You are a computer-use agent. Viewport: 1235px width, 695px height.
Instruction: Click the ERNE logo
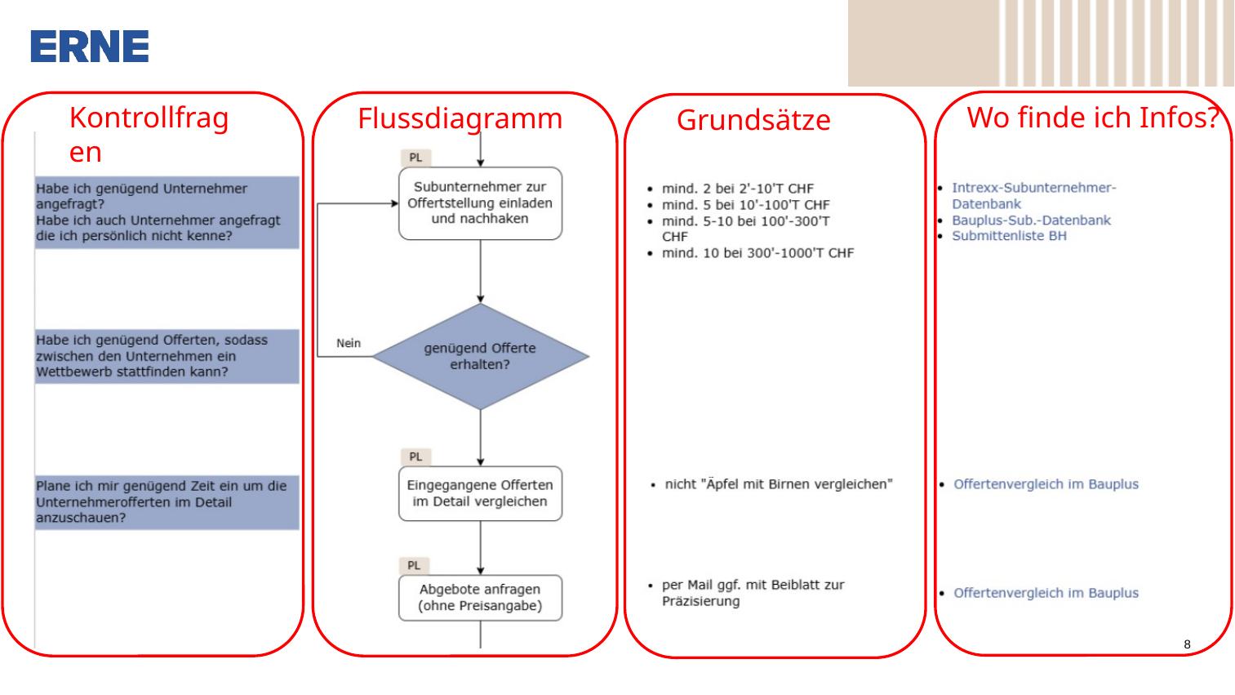point(89,47)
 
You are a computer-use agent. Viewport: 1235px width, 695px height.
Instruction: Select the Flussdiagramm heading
point(460,118)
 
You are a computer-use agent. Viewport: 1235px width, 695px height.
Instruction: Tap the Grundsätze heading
point(753,120)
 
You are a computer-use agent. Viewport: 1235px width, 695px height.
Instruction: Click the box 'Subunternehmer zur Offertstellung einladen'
point(480,203)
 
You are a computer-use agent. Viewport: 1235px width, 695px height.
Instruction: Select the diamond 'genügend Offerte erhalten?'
point(480,356)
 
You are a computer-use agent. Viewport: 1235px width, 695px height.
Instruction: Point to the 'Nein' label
point(349,343)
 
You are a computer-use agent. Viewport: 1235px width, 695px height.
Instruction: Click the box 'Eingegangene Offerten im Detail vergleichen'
point(480,493)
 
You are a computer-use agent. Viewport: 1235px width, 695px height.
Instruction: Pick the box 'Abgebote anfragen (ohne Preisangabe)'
point(480,597)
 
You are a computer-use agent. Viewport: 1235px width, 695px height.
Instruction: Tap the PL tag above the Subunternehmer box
point(415,158)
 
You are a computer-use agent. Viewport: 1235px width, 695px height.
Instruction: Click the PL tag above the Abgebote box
point(414,565)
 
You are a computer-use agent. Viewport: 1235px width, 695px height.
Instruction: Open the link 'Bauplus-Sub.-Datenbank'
point(1031,220)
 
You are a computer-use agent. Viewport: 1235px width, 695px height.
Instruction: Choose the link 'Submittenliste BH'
point(1009,235)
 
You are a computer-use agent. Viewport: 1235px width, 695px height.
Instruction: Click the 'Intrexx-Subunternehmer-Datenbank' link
point(1033,196)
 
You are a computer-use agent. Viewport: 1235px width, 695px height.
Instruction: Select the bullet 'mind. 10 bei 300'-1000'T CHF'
point(757,253)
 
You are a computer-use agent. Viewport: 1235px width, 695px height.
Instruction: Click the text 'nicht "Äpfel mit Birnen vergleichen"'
point(779,484)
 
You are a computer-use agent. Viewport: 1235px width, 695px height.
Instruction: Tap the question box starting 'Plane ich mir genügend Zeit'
point(167,502)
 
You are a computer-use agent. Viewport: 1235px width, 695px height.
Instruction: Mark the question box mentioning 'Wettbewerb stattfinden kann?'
point(167,356)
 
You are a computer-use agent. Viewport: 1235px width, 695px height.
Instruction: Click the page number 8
point(1187,644)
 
